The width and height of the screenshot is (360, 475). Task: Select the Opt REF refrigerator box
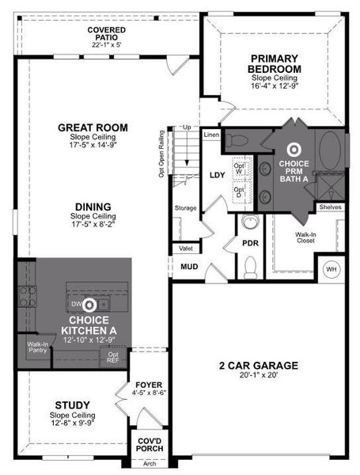point(113,357)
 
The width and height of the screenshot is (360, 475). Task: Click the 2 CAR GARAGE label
point(258,365)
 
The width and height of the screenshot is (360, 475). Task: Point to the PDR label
point(250,242)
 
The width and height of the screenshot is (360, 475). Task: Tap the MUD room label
point(190,266)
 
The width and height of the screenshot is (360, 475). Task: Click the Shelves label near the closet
point(331,207)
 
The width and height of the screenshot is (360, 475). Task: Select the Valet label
point(186,248)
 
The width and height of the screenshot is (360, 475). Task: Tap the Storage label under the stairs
point(185,208)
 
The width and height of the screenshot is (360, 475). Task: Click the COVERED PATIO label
point(108,36)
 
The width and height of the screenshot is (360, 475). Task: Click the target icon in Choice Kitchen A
point(89,304)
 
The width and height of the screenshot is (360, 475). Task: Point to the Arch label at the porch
point(149,464)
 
